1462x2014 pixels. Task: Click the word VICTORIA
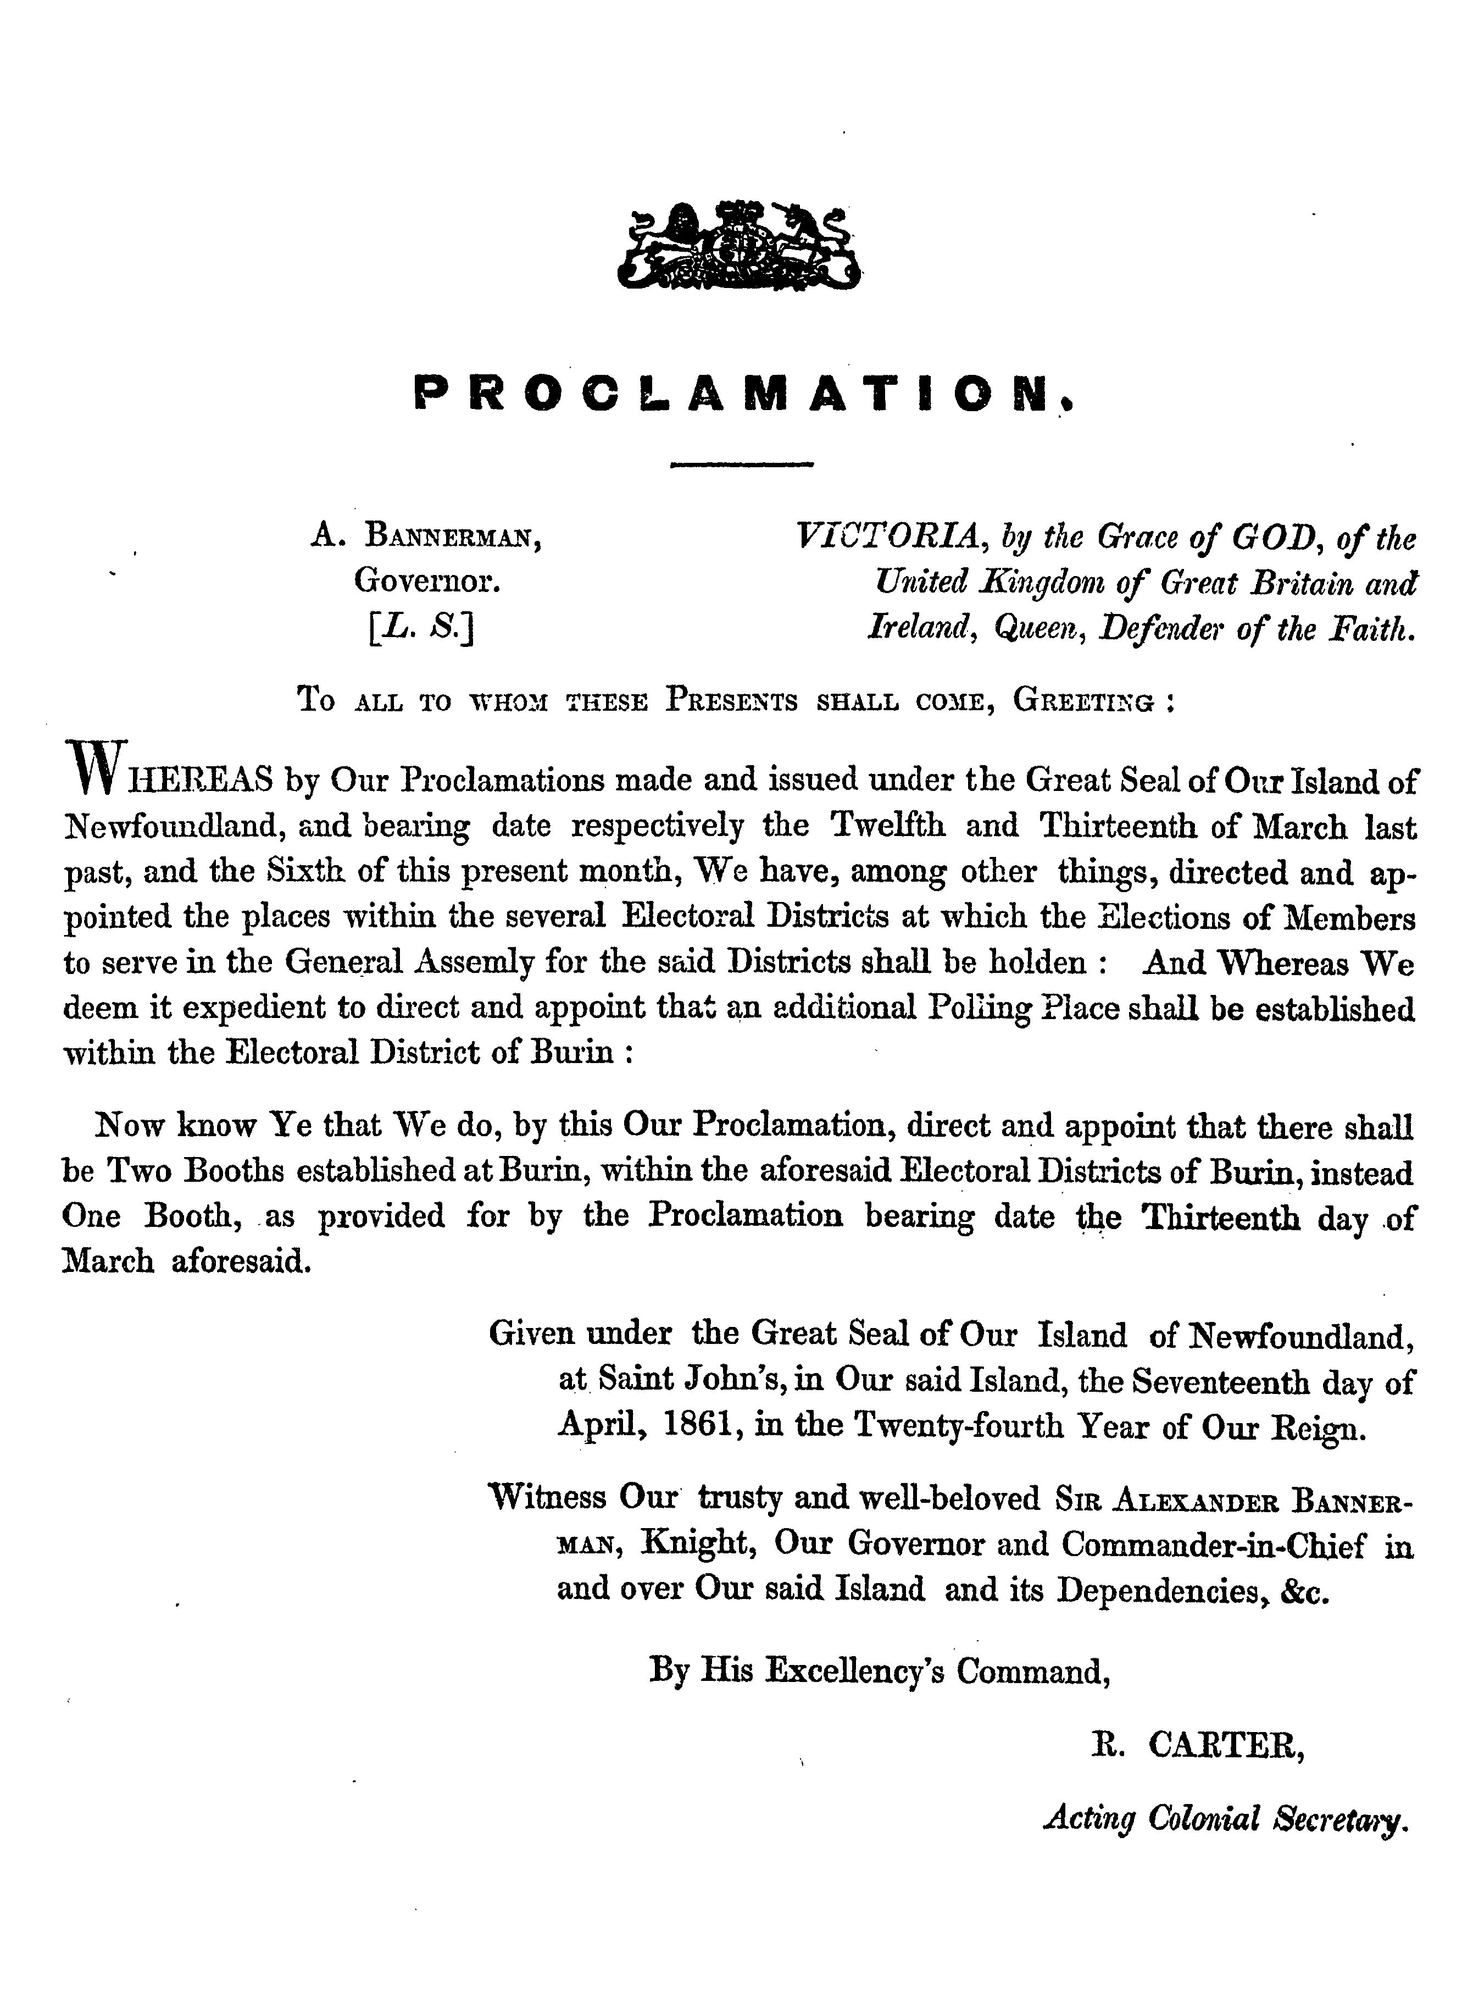[888, 536]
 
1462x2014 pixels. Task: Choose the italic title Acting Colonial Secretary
[1225, 1819]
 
